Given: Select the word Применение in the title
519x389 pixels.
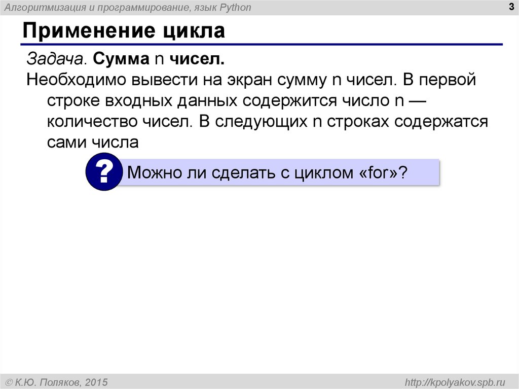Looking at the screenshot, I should [88, 31].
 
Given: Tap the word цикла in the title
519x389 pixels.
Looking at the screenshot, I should [194, 31].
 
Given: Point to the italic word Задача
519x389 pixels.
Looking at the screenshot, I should [56, 59].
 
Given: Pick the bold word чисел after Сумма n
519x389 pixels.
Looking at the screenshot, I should [197, 59].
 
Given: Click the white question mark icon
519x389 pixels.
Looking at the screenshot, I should [104, 173].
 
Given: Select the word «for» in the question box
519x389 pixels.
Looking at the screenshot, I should [378, 173].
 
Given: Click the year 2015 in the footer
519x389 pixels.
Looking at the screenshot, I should [97, 381].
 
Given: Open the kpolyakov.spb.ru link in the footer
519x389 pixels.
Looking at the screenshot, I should [453, 381].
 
